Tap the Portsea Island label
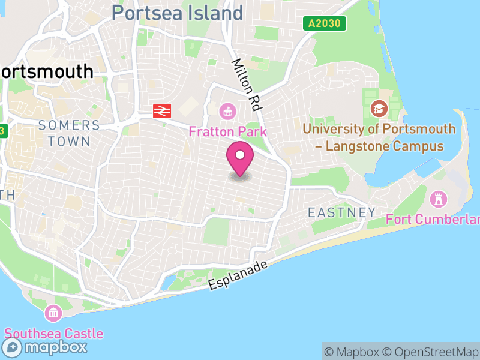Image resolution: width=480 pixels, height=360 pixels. (178, 13)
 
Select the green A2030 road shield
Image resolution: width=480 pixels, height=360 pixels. (325, 23)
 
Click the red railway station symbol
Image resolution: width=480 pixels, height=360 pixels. (163, 110)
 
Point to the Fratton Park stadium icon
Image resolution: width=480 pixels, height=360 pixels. (227, 110)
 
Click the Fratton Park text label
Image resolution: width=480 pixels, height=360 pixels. (227, 130)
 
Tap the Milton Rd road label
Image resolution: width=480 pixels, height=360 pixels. (247, 84)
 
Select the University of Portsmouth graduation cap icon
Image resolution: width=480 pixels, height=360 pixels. (379, 109)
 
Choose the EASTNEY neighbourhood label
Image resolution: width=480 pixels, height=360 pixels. (341, 212)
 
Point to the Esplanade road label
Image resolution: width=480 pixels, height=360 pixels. (238, 275)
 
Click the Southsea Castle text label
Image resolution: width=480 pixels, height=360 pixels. (54, 334)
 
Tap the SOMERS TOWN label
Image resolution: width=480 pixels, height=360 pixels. (69, 133)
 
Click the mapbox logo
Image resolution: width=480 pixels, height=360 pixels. (46, 347)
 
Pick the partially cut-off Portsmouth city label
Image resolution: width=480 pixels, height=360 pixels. (47, 71)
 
